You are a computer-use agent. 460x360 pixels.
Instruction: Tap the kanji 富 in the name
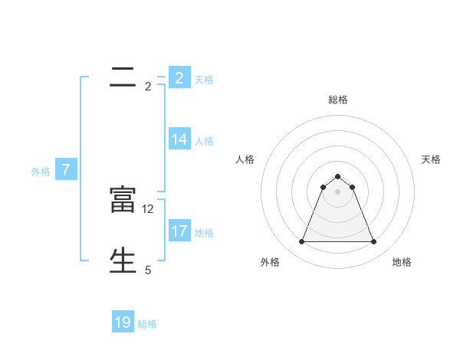tap(123, 200)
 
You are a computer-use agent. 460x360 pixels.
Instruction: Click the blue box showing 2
tap(179, 78)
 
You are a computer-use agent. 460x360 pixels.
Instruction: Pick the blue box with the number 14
tap(179, 139)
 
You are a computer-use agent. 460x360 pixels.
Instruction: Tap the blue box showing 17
tap(179, 231)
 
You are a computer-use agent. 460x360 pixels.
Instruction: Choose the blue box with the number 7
tap(66, 170)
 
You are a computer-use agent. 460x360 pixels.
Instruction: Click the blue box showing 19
tap(123, 322)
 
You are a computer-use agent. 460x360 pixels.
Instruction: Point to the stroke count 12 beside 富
tap(149, 208)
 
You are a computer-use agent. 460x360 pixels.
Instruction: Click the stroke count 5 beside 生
tap(148, 270)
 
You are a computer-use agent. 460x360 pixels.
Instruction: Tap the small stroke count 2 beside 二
tap(148, 87)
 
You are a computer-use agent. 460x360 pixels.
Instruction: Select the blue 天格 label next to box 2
tap(204, 80)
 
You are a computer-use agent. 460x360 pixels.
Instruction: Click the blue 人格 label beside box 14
tap(204, 141)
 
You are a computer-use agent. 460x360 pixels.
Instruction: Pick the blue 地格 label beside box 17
tap(204, 233)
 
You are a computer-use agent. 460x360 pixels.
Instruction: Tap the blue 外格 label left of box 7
tap(41, 172)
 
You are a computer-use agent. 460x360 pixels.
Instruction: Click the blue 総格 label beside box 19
tap(147, 324)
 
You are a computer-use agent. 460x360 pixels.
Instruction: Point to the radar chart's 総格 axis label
tap(338, 100)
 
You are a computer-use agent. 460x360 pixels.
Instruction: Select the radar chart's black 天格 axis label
tap(431, 159)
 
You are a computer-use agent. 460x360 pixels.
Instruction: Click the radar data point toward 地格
tap(374, 242)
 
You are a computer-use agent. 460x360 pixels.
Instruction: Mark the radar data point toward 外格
tap(301, 242)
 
